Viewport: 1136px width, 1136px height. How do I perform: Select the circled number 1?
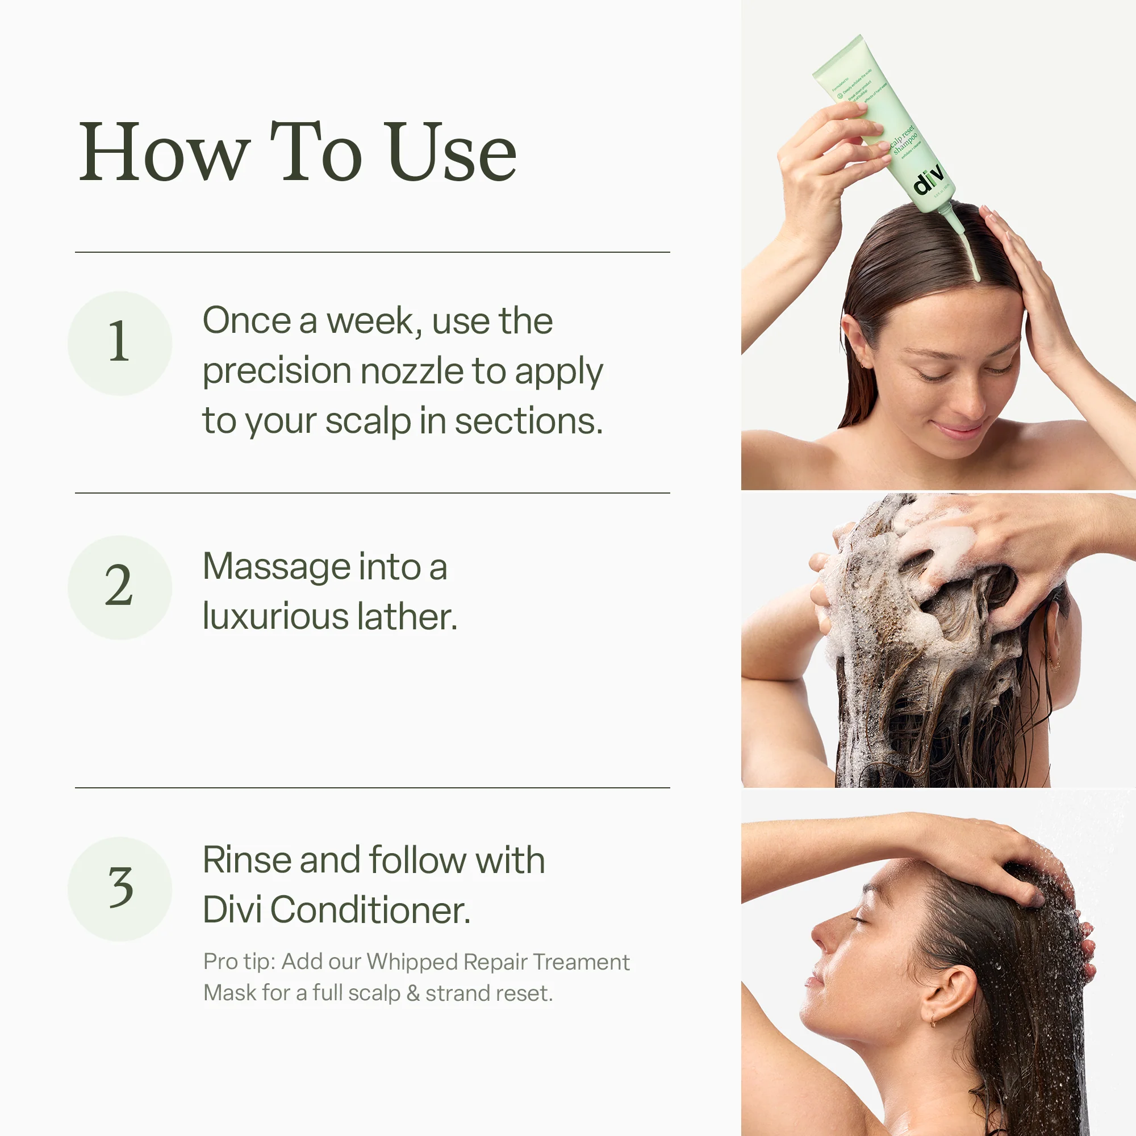click(119, 343)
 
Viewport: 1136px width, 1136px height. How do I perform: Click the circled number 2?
click(119, 587)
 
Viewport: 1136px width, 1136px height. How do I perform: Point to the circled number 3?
click(119, 888)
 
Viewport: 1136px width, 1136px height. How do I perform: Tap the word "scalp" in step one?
click(368, 421)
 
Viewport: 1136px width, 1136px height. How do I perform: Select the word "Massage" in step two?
click(277, 567)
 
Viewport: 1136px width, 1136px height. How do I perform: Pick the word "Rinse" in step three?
click(247, 860)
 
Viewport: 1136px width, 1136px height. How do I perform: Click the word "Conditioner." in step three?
click(370, 910)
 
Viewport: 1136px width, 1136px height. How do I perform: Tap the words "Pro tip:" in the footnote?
click(239, 962)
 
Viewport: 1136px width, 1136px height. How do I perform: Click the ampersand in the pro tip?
click(413, 993)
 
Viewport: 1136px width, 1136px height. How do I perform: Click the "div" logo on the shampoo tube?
click(929, 179)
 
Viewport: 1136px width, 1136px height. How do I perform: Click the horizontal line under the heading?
click(372, 252)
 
